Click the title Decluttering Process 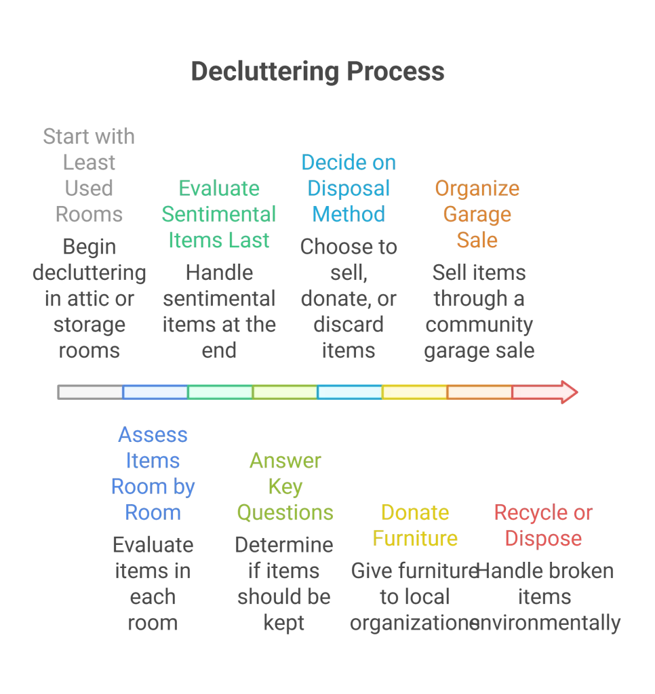(x=317, y=71)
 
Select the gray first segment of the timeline (x=90, y=392)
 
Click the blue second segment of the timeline (x=155, y=392)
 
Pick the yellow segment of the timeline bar (x=414, y=392)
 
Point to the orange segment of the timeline (x=479, y=392)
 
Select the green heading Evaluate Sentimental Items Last (x=218, y=214)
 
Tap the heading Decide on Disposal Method (x=349, y=188)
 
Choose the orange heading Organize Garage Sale (x=477, y=214)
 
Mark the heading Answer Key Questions (x=285, y=486)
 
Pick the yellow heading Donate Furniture (x=415, y=525)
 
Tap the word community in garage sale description (x=479, y=325)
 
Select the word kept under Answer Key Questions (x=284, y=623)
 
